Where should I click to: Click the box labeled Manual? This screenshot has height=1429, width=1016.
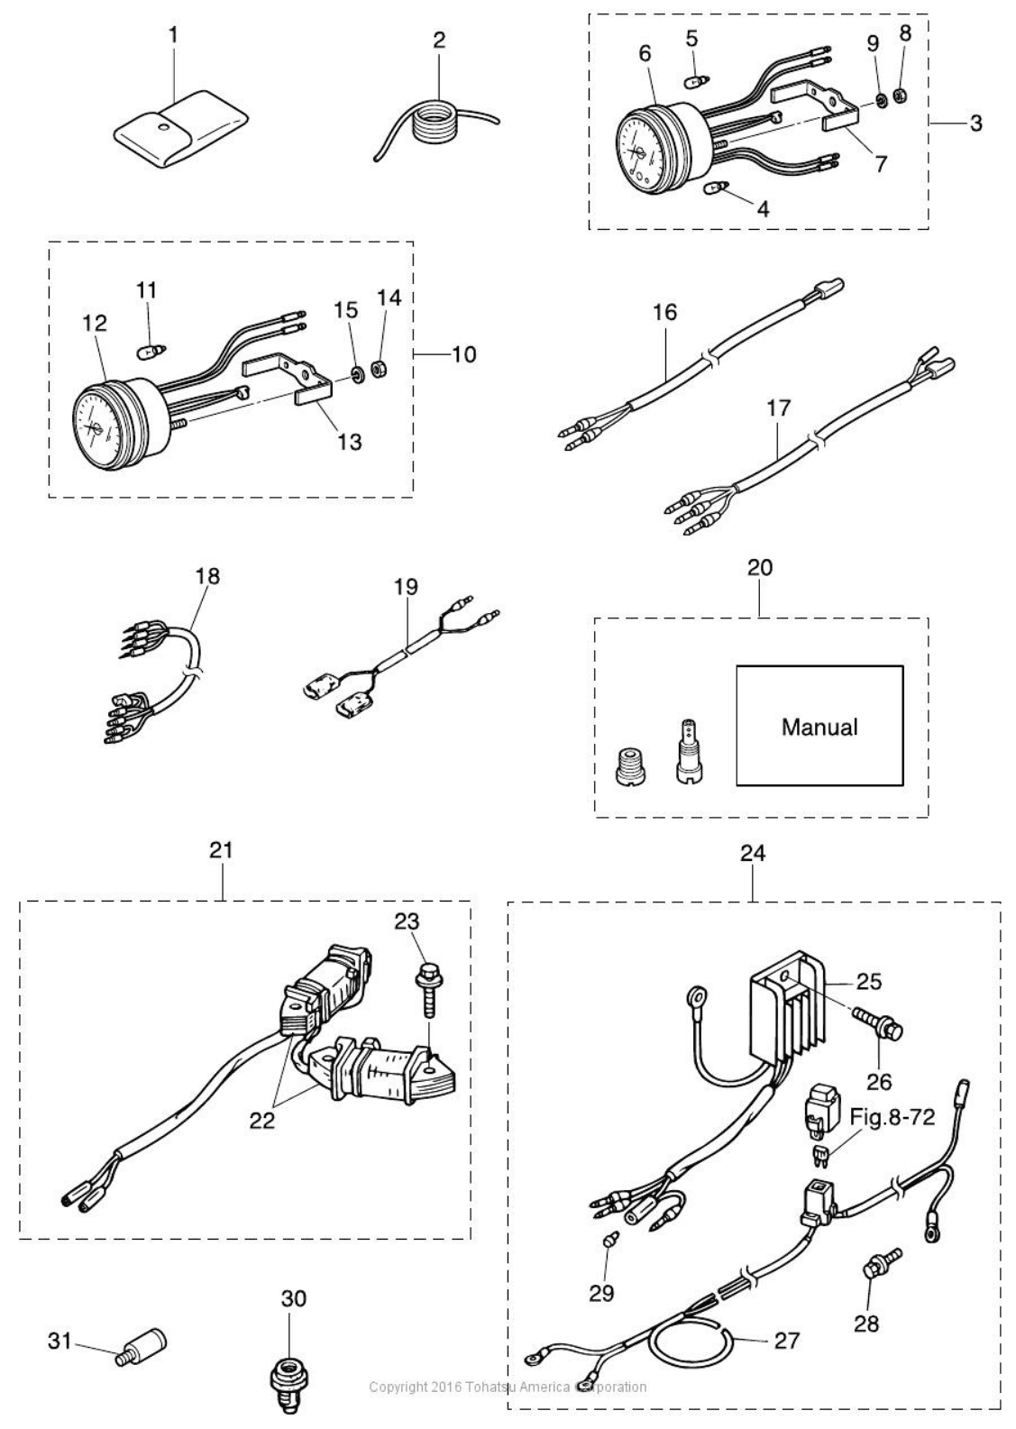(x=819, y=726)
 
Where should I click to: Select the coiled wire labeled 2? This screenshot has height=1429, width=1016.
(x=437, y=128)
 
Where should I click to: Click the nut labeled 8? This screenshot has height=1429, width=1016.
(x=902, y=96)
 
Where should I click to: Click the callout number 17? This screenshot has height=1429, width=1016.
(x=778, y=408)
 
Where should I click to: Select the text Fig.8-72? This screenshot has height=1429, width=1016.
(x=892, y=1117)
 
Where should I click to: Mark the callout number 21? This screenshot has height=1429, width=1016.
(x=221, y=850)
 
